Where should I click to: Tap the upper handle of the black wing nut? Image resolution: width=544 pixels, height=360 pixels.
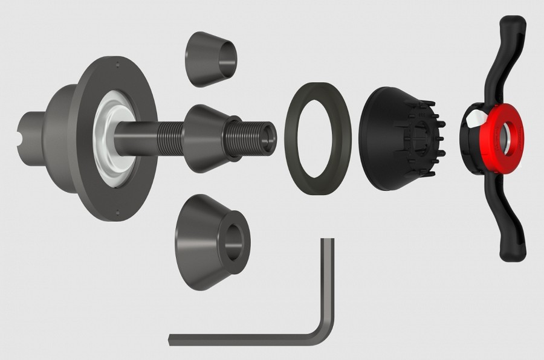[508, 54]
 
